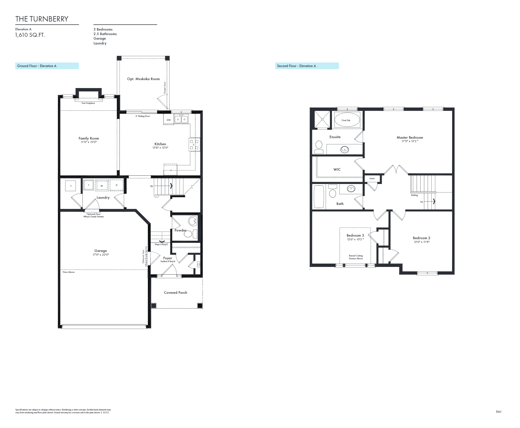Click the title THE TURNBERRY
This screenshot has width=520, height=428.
click(42, 19)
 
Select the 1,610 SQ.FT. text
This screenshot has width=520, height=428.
click(30, 35)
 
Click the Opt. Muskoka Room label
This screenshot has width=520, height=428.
click(143, 79)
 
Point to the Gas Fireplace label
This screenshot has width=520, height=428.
click(88, 103)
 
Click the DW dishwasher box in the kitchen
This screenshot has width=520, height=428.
click(169, 120)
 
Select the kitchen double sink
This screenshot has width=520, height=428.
click(181, 119)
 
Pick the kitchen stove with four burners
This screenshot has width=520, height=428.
click(194, 144)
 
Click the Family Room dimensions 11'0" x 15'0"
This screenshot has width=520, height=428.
click(89, 142)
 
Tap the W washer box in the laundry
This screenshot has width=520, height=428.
click(102, 186)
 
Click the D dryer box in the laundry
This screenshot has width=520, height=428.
click(116, 185)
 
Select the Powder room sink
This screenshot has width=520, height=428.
click(193, 221)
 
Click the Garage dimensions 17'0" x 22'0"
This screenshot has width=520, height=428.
click(101, 255)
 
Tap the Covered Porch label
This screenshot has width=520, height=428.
click(175, 293)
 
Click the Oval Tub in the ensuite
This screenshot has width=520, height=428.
click(346, 120)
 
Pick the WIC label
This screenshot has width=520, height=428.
click(337, 170)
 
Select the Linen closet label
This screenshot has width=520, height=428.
click(372, 179)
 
